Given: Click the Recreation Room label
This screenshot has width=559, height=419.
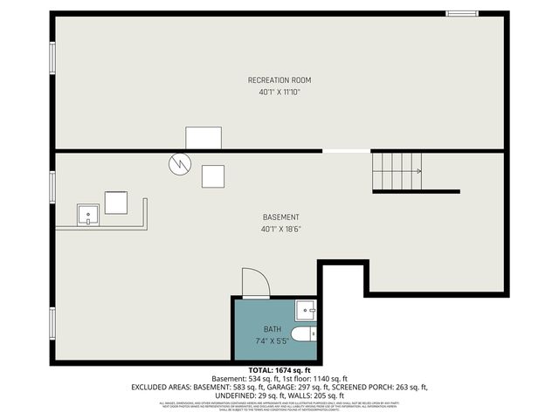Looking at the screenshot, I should point(279,80).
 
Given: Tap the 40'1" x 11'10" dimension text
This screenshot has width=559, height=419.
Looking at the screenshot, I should point(279,93).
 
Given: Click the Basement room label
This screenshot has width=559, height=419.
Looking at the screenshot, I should point(280,217).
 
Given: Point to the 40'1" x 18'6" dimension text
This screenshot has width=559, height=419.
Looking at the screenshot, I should point(280,230).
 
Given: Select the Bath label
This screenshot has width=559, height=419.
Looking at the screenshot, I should point(272,329).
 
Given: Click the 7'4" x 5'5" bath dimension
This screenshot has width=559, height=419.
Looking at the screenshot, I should point(272,340).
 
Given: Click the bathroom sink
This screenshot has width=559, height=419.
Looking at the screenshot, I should point(306,310).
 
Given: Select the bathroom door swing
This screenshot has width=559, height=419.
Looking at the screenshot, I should point(255,283).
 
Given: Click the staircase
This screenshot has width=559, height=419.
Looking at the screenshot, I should point(397,170).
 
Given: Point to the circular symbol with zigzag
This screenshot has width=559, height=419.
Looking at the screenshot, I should point(179,162).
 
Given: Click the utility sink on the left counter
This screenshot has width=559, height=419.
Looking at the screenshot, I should point(88,214).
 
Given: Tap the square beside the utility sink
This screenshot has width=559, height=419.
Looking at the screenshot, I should point(117,203).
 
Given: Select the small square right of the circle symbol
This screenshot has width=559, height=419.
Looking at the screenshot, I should point(213,176).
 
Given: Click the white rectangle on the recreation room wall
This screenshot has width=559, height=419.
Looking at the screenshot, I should point(203,138).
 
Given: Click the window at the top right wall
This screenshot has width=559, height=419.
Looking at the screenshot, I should point(460,13).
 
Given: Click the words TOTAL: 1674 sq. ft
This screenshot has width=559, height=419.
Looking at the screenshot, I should point(279,370).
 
